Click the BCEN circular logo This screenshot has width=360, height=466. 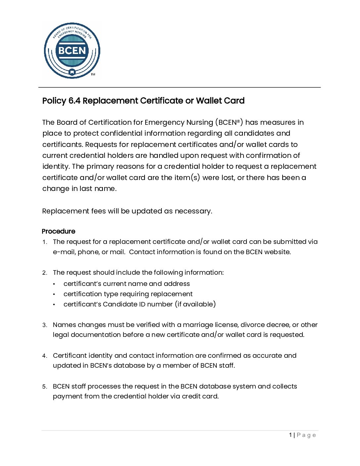72,51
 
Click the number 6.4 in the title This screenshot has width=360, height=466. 74,101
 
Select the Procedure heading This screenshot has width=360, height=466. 59,231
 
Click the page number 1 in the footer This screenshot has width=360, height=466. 291,435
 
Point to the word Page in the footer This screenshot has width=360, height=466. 306,435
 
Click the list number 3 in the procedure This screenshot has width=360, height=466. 44,325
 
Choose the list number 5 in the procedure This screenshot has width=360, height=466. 44,387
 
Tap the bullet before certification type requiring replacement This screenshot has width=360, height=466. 54,294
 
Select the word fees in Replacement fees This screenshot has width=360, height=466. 98,211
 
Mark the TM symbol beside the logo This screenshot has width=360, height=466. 93,74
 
